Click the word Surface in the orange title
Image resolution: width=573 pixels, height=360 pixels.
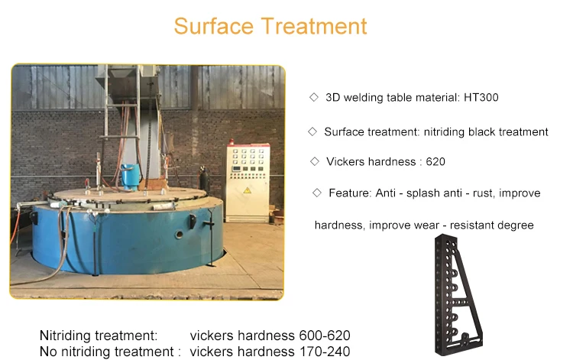tap(213, 26)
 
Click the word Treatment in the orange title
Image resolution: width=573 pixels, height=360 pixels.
tap(314, 26)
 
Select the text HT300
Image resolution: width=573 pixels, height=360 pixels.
tap(481, 97)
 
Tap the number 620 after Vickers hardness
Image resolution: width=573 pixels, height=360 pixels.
tap(435, 161)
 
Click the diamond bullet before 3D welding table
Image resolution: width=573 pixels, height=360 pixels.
tap(314, 97)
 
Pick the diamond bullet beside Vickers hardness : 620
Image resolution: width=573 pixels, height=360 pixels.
tap(314, 161)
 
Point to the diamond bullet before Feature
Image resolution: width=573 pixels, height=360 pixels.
tap(317, 193)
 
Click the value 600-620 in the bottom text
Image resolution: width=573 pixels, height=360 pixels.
tap(325, 335)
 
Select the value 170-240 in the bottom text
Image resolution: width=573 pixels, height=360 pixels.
tap(325, 352)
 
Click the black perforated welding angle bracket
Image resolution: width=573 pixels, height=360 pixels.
tap(458, 295)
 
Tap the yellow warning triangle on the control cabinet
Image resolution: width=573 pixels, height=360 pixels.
tap(248, 190)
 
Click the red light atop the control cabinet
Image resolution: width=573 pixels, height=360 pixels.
tap(231, 141)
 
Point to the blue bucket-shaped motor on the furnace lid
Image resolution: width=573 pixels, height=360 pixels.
tap(131, 177)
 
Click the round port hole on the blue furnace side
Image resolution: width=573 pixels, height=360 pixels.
tap(179, 235)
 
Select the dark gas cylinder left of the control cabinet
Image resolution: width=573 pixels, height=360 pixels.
tap(203, 180)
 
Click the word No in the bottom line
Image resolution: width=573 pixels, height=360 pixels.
tap(48, 352)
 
